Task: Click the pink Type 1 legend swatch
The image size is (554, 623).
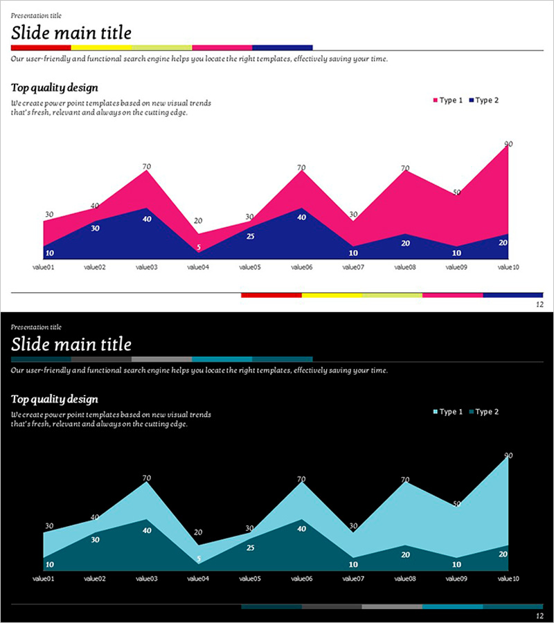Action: (x=436, y=101)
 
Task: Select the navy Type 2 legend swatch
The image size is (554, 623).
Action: (x=471, y=101)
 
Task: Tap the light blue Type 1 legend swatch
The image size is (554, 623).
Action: (x=436, y=413)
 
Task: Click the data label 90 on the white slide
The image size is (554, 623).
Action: (x=508, y=144)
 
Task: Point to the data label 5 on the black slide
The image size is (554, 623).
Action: (x=199, y=559)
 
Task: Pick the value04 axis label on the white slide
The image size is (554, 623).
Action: (x=197, y=267)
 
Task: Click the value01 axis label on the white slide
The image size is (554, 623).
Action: (x=43, y=267)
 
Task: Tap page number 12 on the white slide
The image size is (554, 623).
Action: (x=539, y=305)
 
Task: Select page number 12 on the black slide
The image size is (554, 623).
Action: (x=539, y=616)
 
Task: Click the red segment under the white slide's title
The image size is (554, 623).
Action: (x=41, y=48)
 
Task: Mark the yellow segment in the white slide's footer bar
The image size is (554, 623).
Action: (x=332, y=295)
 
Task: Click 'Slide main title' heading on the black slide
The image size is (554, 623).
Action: (x=71, y=344)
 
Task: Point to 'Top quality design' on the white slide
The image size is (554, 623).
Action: (x=55, y=88)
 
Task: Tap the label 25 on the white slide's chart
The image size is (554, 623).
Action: (x=250, y=236)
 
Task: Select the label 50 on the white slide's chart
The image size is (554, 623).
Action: (x=457, y=192)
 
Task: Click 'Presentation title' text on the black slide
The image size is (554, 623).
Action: (x=36, y=327)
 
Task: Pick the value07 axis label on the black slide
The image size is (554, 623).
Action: (x=352, y=578)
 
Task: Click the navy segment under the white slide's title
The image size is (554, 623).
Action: (x=282, y=48)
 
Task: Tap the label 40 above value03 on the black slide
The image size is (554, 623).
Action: (x=147, y=530)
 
